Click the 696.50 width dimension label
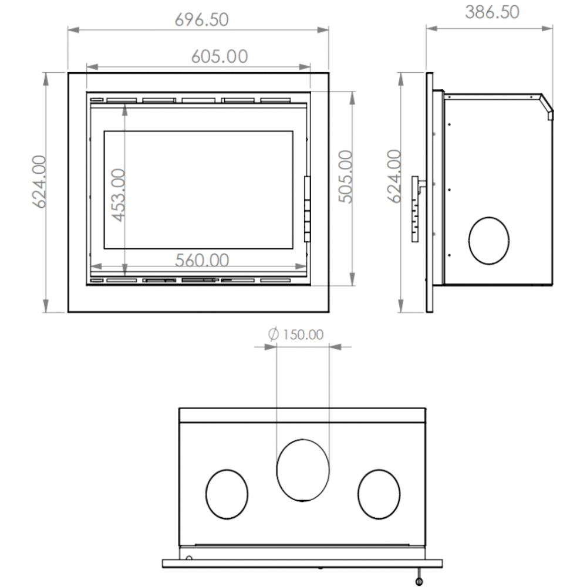click(x=201, y=19)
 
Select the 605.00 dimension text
click(x=220, y=56)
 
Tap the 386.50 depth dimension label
click(x=492, y=12)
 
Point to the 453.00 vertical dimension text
click(x=119, y=195)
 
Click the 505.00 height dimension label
click(x=345, y=177)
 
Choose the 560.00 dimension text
click(x=202, y=260)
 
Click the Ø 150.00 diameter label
click(x=296, y=335)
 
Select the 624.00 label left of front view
click(x=39, y=181)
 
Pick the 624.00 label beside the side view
click(x=394, y=176)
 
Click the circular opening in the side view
click(x=488, y=218)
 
